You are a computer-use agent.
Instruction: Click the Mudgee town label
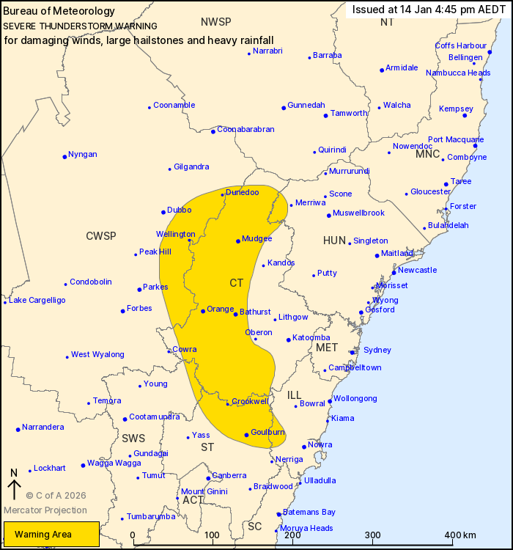(x=257, y=238)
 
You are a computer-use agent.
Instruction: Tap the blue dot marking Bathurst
(x=235, y=314)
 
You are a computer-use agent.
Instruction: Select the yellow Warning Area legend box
(x=51, y=535)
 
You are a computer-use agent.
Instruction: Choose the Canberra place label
(x=229, y=475)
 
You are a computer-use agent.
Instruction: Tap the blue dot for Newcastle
(x=394, y=273)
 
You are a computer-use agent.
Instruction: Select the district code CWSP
(x=101, y=235)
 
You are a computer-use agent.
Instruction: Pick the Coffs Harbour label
(x=461, y=45)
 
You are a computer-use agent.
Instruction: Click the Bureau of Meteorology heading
(x=59, y=11)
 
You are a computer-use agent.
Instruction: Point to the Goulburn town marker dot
(x=246, y=435)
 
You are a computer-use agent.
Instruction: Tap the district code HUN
(x=334, y=241)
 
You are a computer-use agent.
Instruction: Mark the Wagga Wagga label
(x=114, y=463)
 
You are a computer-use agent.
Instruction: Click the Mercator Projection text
(x=45, y=510)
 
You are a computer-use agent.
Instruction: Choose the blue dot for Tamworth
(x=325, y=116)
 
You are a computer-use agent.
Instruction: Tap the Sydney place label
(x=377, y=350)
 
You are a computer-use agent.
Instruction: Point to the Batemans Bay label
(x=309, y=512)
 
